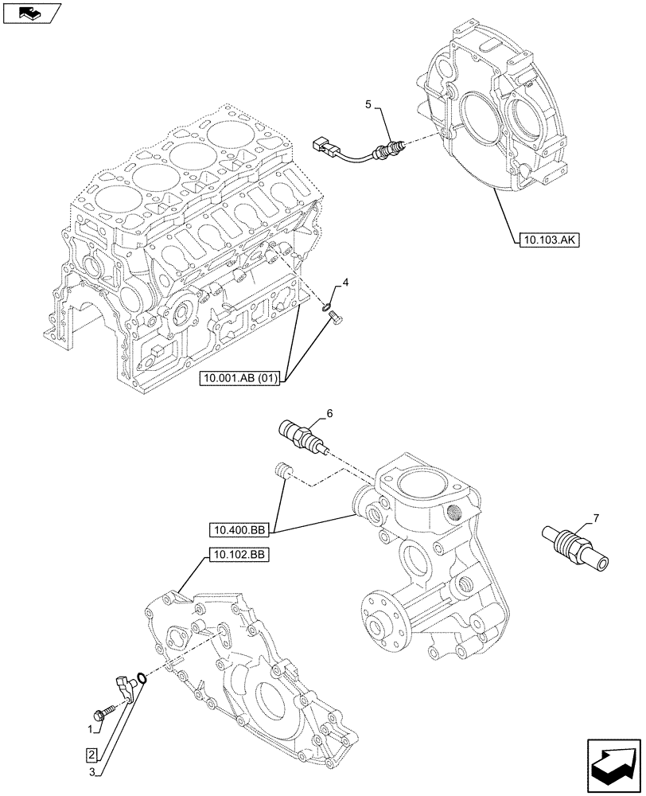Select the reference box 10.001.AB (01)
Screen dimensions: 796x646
[239, 379]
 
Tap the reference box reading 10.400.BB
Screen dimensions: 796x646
[239, 529]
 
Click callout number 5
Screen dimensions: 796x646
[368, 104]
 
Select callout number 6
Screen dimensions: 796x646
[329, 413]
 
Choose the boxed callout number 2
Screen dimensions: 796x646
[92, 754]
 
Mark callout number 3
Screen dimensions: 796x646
[92, 771]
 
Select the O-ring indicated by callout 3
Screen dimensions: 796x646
[141, 678]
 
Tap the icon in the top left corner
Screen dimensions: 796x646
[31, 13]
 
